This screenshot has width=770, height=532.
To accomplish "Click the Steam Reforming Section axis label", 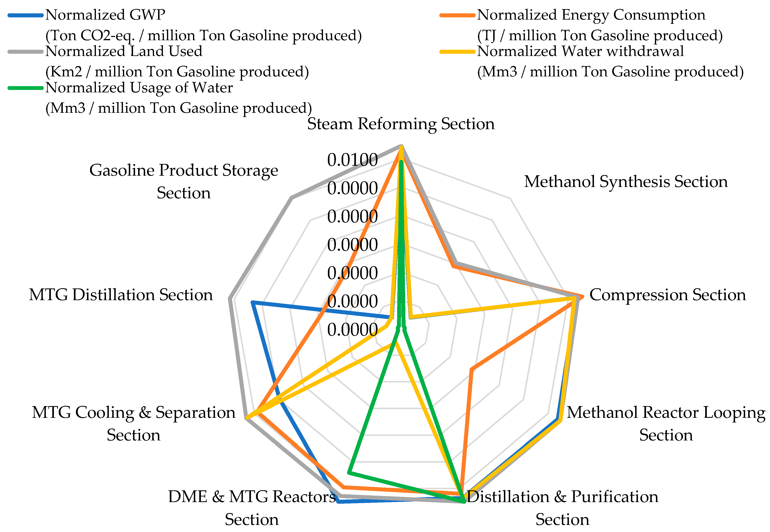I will pos(401,124).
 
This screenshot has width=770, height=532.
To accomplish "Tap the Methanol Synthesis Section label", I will pos(626,182).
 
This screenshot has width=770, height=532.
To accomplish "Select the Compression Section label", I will pos(667,295).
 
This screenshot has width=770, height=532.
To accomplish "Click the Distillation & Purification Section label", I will pos(563,508).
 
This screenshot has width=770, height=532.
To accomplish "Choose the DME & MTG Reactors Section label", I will pos(252,508).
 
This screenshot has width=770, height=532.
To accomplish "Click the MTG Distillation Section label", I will pos(121,295).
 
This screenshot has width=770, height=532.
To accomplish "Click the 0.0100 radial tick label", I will pos(352,160).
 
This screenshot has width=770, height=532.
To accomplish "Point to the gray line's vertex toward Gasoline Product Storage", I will pos(291,198).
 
